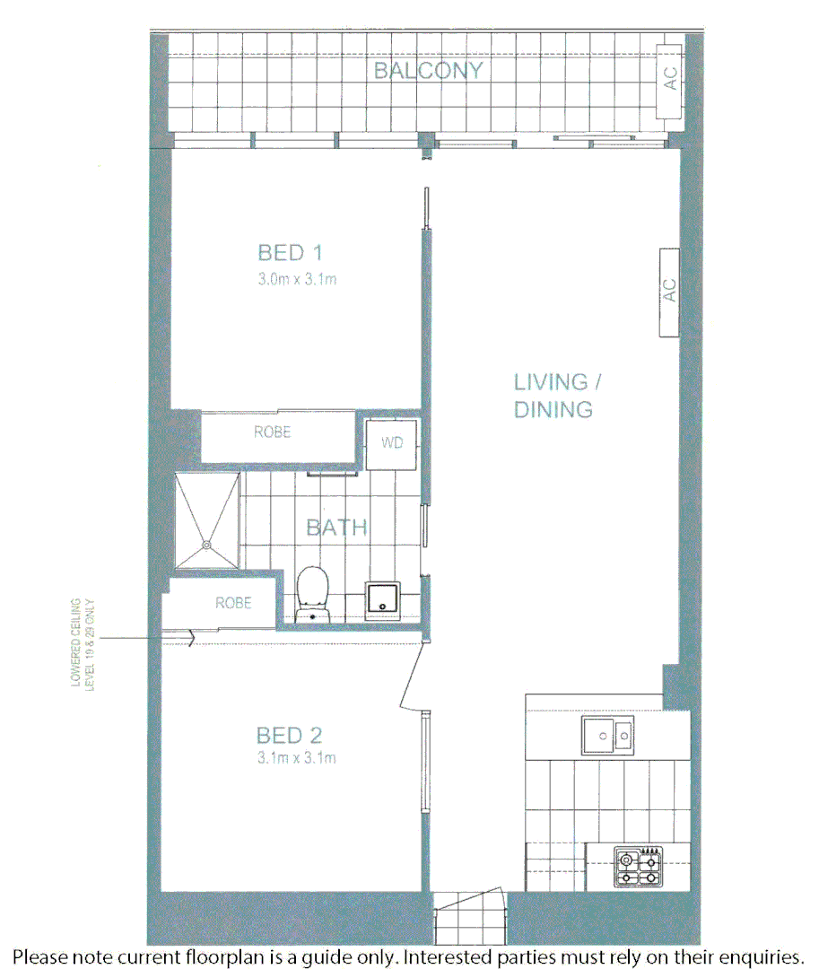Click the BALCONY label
(429, 71)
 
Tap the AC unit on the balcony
(670, 79)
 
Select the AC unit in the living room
(669, 291)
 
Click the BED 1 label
(290, 253)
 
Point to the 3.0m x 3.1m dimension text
(297, 279)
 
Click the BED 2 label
(289, 737)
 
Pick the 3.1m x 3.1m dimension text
(297, 759)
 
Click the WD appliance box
(392, 443)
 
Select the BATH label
(337, 527)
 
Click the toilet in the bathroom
(312, 593)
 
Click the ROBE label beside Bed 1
(273, 432)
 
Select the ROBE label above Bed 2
(233, 603)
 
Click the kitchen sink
(607, 737)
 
